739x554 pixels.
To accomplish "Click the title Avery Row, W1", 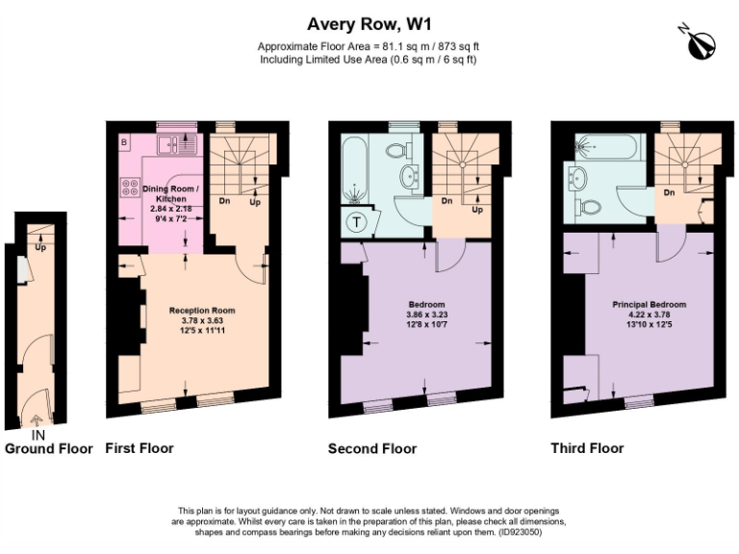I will pyautogui.click(x=369, y=22).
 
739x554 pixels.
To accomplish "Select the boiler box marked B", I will pyautogui.click(x=124, y=143).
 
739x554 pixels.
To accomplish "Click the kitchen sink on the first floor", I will pyautogui.click(x=177, y=145).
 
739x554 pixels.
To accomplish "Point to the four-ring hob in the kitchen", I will pyautogui.click(x=129, y=190).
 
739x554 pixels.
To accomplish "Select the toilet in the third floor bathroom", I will pyautogui.click(x=589, y=206).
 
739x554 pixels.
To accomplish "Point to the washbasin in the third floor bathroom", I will pyautogui.click(x=579, y=177).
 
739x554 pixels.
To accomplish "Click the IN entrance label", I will pyautogui.click(x=38, y=435).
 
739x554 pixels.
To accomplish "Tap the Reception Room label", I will pyautogui.click(x=202, y=311).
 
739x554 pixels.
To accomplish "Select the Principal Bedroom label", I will pyautogui.click(x=650, y=305).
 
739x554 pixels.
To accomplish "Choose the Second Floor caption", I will pyautogui.click(x=372, y=449).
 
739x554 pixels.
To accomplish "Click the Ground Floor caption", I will pyautogui.click(x=49, y=449).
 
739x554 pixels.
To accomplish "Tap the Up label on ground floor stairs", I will pyautogui.click(x=39, y=247).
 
